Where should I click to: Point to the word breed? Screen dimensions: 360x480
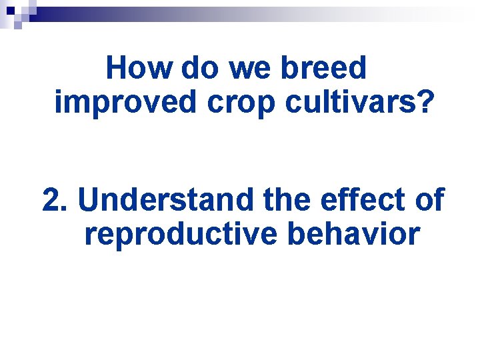(x=327, y=68)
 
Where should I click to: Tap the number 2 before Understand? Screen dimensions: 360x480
(x=51, y=199)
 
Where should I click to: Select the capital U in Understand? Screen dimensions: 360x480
(x=89, y=199)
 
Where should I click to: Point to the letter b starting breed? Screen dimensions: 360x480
(x=291, y=68)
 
